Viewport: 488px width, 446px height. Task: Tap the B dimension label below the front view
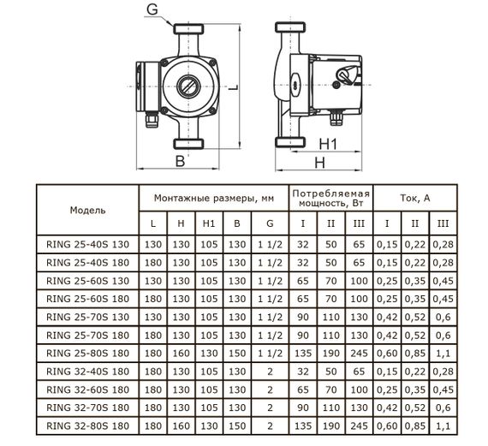179,160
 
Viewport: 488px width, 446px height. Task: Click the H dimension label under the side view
319,162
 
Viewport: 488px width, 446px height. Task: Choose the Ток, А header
414,197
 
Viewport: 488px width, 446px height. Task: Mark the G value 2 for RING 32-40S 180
271,370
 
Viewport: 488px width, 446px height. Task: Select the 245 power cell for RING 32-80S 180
359,424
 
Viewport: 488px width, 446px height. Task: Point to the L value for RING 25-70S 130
152,316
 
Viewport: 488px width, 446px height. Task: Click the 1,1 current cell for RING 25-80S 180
442,352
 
